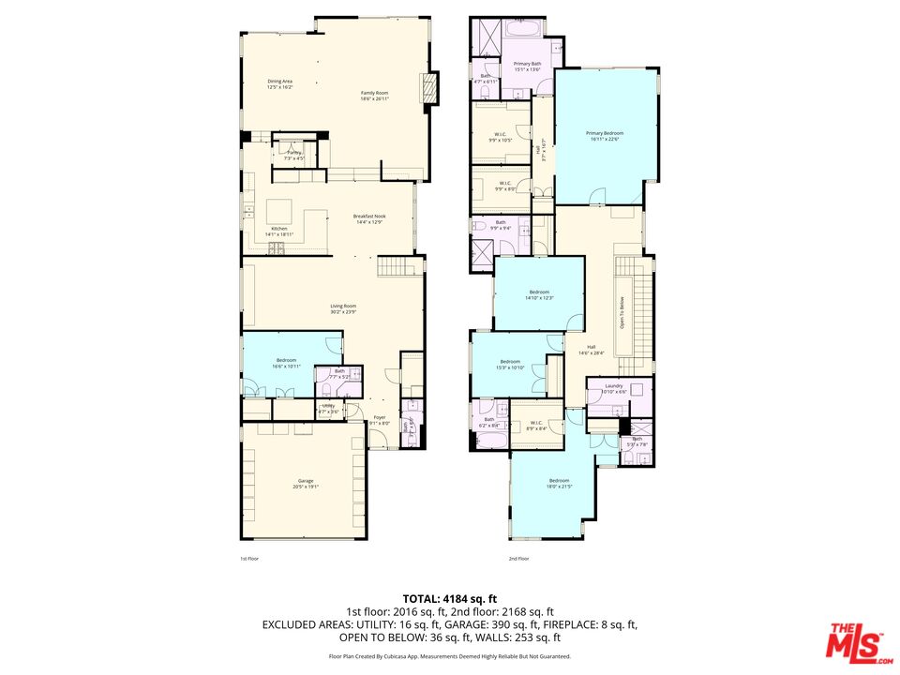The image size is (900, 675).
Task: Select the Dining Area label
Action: coord(279,83)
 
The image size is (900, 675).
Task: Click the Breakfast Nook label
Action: coord(368,218)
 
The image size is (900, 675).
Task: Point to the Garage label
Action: coord(306,483)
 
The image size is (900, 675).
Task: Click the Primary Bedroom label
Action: coord(605,136)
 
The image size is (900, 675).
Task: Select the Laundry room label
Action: coord(613,388)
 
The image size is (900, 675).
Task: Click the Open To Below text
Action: coord(621,312)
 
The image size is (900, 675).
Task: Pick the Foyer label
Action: coord(379,419)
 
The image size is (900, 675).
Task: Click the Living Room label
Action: coord(343,308)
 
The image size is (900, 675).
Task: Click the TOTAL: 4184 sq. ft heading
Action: coord(450,598)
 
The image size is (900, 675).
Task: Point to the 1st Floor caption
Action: coord(248,558)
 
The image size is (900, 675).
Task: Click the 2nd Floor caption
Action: coord(518,558)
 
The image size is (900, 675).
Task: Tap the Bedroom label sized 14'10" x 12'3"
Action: coord(539,294)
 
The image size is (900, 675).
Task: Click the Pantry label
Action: coord(294,155)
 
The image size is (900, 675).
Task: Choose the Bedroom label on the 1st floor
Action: coord(286,363)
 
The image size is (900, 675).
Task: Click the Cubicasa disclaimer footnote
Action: coord(449,656)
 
